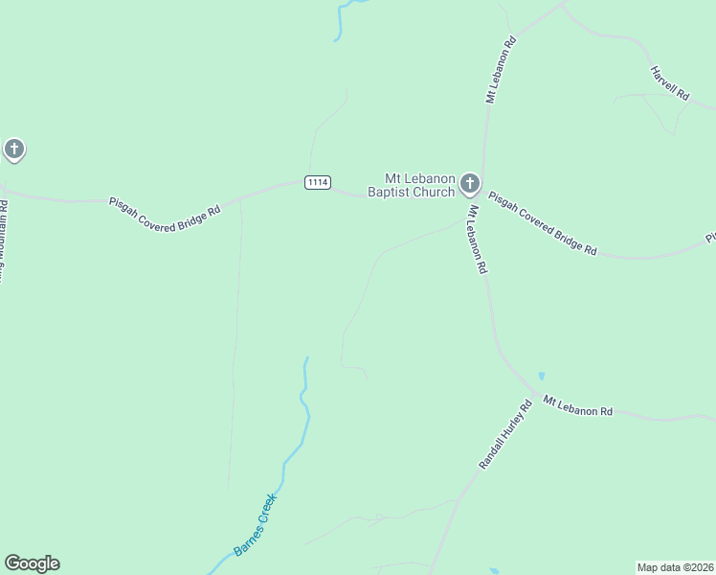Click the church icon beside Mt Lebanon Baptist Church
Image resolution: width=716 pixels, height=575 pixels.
pos(469,182)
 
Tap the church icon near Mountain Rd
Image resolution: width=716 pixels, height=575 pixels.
pos(13,149)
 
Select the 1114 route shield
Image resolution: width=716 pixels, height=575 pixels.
pos(318,182)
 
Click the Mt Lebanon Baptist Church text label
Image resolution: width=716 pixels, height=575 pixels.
pos(419,185)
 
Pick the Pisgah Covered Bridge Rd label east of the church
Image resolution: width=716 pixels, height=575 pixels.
pos(543,223)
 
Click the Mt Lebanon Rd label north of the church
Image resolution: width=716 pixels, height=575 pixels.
pos(501,70)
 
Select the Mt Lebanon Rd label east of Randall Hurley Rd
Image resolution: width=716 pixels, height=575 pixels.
pos(578,405)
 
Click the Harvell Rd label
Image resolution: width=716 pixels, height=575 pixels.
pos(669,83)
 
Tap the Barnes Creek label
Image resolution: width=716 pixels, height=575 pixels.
pos(255,525)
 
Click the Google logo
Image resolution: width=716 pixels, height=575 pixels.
pos(32,563)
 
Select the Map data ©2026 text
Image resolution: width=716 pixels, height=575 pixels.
pos(675,567)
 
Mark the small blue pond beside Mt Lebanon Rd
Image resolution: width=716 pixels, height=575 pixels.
pos(542,376)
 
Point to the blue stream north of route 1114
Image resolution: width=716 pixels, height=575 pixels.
pos(340,21)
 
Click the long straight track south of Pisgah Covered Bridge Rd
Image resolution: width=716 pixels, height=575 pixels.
pos(235,345)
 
